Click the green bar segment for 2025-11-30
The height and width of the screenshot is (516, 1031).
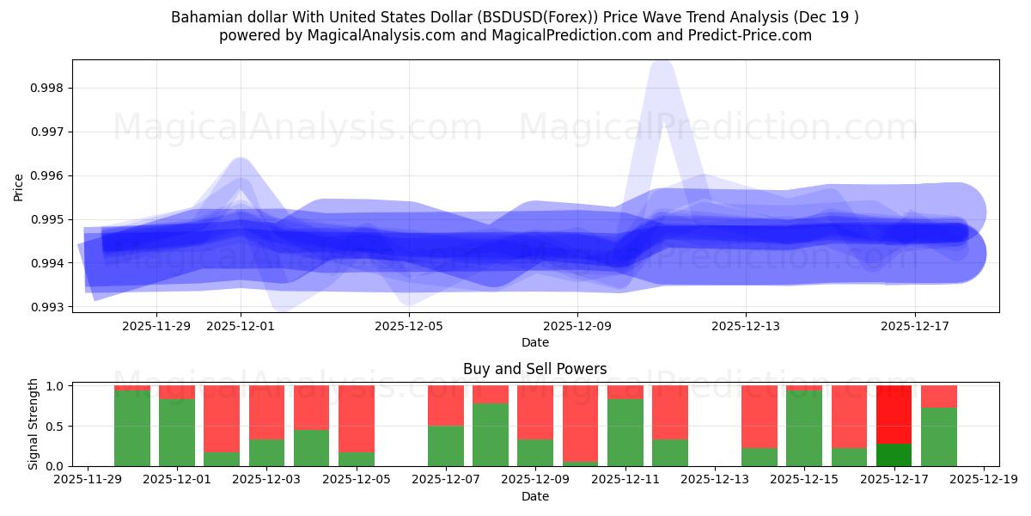pos(132,428)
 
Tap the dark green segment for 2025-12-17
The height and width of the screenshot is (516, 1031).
pos(894,454)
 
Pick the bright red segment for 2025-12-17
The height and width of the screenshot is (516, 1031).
pos(894,415)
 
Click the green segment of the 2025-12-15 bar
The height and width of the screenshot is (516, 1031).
pos(804,428)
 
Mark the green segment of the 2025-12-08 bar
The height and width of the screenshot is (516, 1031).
pos(491,434)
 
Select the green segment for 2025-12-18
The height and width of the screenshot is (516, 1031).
pos(938,437)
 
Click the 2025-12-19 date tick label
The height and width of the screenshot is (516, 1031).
pos(983,480)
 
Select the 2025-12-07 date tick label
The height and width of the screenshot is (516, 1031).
pos(446,480)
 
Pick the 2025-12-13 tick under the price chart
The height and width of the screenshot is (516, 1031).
pos(746,326)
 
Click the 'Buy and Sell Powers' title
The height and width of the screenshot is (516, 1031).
pos(534,369)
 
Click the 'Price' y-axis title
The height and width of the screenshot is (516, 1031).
pos(19,187)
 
